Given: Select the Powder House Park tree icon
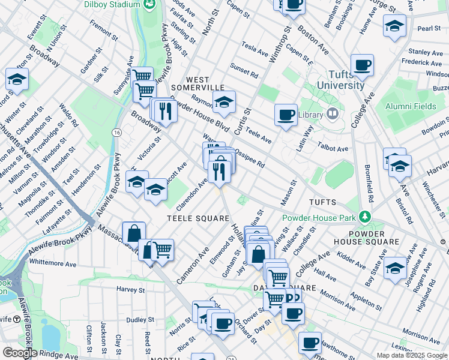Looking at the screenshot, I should tap(364, 217).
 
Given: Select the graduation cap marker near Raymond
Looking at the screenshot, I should tap(224, 102).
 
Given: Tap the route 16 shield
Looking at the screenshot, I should tap(116, 132).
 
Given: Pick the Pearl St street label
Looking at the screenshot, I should tap(429, 29).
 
